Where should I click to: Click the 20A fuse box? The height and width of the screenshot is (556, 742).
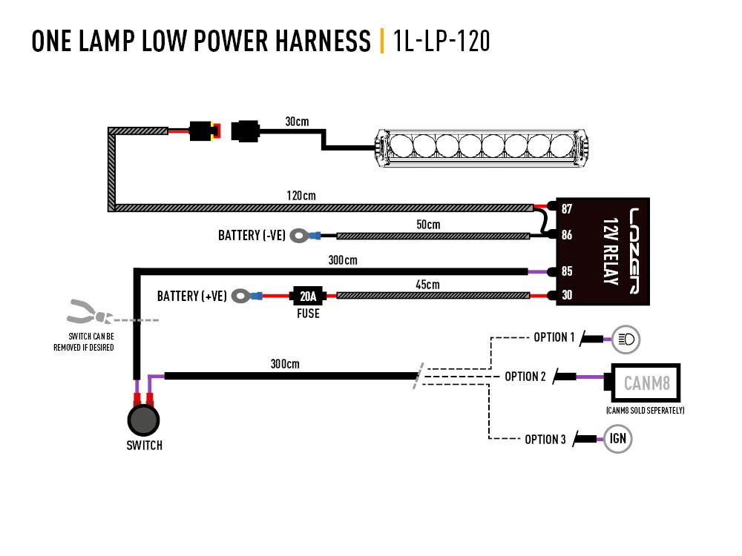coord(308,296)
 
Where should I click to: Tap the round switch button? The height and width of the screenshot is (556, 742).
coord(142,420)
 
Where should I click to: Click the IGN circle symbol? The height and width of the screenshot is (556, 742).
coord(618,438)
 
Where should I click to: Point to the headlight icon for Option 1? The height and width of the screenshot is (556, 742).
coord(625,340)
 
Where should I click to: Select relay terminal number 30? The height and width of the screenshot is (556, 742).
coord(567,295)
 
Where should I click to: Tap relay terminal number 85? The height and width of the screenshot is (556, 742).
coord(567,271)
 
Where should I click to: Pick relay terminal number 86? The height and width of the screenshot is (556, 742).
coord(567,235)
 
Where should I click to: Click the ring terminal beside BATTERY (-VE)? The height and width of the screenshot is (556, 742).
coord(299,236)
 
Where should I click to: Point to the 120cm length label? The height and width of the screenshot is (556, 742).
coord(301,196)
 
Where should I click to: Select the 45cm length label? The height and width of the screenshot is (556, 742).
coord(427,285)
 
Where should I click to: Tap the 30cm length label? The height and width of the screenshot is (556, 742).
coord(297,121)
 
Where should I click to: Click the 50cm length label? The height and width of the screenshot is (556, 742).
coord(427,225)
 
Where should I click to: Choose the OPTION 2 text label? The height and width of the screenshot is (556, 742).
coord(525,377)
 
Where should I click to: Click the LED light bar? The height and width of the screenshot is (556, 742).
coord(485,145)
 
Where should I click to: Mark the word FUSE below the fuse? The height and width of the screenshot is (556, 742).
coord(308,314)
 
